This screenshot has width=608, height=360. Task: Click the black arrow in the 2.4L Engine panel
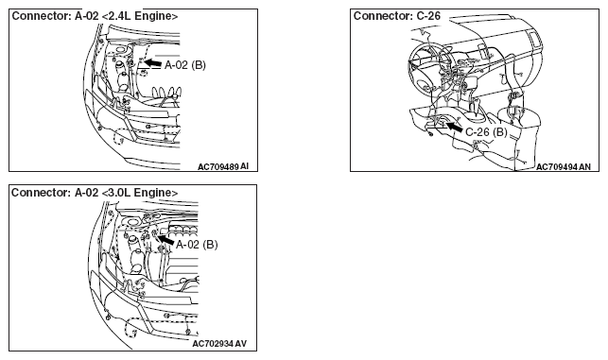[153, 62]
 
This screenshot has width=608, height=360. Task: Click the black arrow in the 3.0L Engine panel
[166, 239]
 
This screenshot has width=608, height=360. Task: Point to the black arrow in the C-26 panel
[455, 127]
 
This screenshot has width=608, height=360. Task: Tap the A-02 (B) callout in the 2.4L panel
[185, 65]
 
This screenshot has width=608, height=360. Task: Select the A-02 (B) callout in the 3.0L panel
[197, 245]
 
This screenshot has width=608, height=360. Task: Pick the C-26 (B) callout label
[486, 132]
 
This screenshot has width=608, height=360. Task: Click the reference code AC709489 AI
[223, 166]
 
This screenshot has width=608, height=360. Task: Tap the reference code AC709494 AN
[564, 166]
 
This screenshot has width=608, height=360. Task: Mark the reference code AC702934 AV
[219, 344]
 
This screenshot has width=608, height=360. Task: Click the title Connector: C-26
[397, 16]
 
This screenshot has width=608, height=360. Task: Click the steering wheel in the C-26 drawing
[429, 65]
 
